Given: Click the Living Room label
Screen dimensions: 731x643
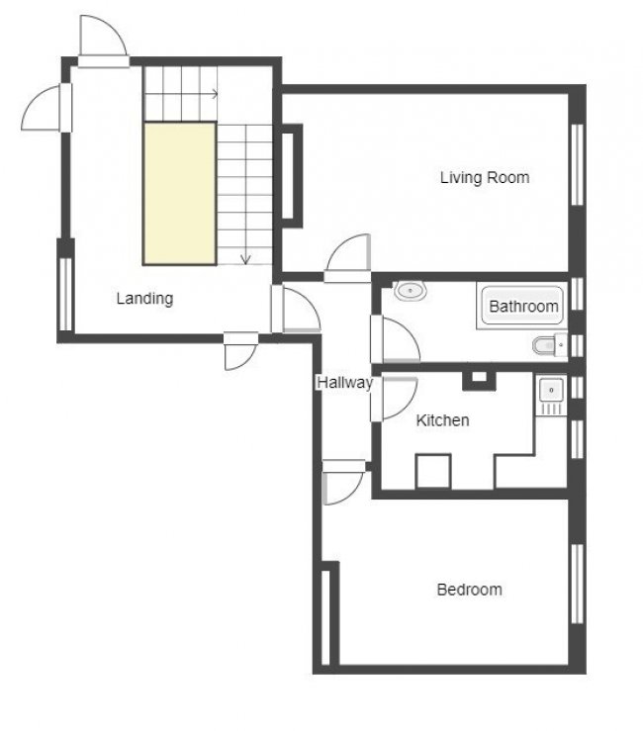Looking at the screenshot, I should [x=484, y=178].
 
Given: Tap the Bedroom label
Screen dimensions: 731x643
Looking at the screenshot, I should [x=469, y=590].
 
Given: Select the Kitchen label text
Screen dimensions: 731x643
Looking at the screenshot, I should [x=442, y=420].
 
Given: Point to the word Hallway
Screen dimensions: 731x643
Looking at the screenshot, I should [x=343, y=383].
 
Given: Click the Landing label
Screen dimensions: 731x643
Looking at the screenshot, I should [x=144, y=298].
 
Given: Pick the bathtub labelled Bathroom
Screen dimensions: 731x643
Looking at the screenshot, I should [x=523, y=306].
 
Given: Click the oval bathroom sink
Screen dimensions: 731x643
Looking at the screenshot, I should [x=410, y=291].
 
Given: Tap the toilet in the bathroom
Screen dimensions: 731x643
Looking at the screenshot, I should [x=545, y=345].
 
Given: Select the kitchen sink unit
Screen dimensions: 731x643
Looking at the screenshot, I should [x=550, y=395].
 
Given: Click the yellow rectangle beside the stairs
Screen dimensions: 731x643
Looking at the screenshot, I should [x=180, y=193].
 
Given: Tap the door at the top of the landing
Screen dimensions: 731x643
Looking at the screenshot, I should [x=103, y=42].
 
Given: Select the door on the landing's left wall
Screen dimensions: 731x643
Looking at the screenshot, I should [x=45, y=106].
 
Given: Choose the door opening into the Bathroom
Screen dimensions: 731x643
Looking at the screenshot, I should [x=396, y=339].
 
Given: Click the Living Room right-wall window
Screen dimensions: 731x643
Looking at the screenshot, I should [x=577, y=163].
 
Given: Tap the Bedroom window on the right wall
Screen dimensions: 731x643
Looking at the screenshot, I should [x=577, y=584].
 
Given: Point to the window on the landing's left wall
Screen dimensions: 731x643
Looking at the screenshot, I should [x=65, y=293].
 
